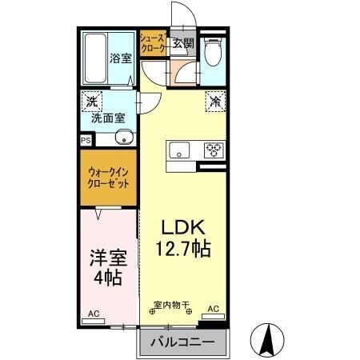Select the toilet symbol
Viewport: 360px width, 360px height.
[x=212, y=54]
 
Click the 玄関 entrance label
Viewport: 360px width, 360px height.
[x=182, y=44]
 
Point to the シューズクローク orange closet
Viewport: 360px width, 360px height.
[x=152, y=43]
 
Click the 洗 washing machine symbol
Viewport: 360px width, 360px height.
[x=92, y=102]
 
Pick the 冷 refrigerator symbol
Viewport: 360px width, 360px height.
[x=214, y=102]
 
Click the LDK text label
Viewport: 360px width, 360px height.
[x=182, y=226]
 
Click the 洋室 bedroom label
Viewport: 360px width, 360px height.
[x=106, y=258]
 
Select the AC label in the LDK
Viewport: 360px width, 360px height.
[x=214, y=309]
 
